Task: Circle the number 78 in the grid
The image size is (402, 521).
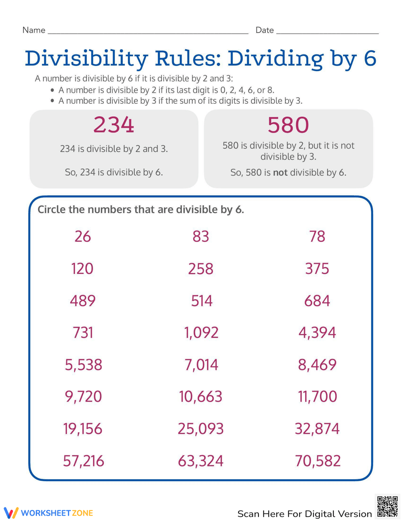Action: pyautogui.click(x=317, y=236)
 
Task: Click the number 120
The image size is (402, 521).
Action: pyautogui.click(x=82, y=269)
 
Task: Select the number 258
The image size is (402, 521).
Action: pyautogui.click(x=201, y=269)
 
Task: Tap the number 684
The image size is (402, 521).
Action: pyautogui.click(x=317, y=301)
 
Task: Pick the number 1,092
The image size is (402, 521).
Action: pyautogui.click(x=201, y=333)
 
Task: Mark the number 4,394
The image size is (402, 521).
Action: pyautogui.click(x=317, y=333)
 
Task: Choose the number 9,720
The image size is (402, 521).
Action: pyautogui.click(x=83, y=397)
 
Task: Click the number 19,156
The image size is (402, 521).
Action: pyautogui.click(x=83, y=429)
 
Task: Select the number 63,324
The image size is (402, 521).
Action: pyautogui.click(x=201, y=461)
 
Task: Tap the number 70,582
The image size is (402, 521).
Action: pyautogui.click(x=318, y=461)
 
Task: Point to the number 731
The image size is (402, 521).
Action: pyautogui.click(x=83, y=333)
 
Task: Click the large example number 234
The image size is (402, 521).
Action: pyautogui.click(x=114, y=125)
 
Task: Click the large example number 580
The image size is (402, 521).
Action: pyautogui.click(x=288, y=125)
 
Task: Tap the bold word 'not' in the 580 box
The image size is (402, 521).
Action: pyautogui.click(x=280, y=173)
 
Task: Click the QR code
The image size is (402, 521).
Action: pyautogui.click(x=388, y=506)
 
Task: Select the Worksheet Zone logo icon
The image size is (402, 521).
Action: pyautogui.click(x=11, y=513)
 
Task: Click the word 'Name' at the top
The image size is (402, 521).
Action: pyautogui.click(x=34, y=30)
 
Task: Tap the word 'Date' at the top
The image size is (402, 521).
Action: pyautogui.click(x=265, y=30)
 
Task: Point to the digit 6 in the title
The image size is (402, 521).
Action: pyautogui.click(x=370, y=58)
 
